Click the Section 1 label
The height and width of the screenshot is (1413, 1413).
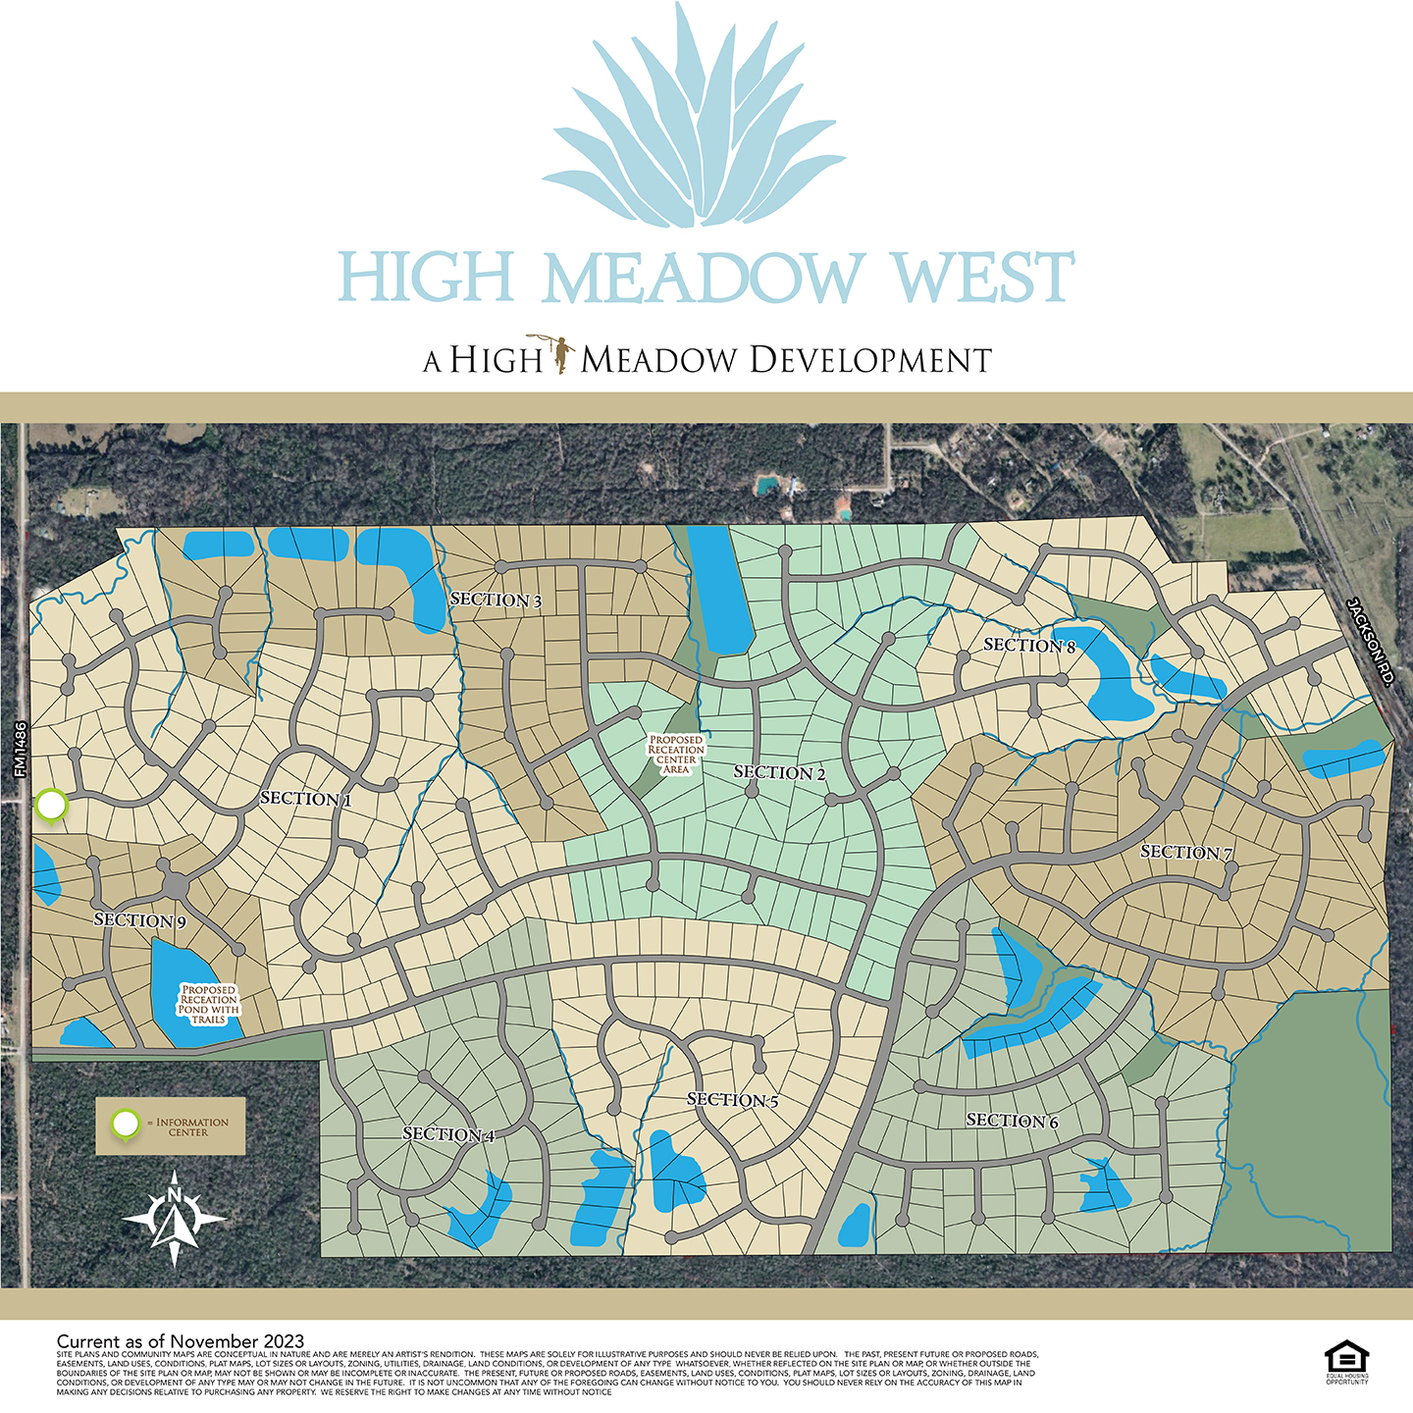pyautogui.click(x=306, y=799)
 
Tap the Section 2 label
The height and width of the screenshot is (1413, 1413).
pyautogui.click(x=780, y=773)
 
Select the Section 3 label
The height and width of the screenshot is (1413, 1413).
pyautogui.click(x=496, y=600)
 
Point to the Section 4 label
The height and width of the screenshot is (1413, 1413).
pyautogui.click(x=448, y=1134)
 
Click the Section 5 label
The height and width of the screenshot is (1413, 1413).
pyautogui.click(x=733, y=1100)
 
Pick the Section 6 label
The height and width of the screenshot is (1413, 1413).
pyautogui.click(x=1013, y=1121)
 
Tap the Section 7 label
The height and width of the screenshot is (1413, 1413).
pyautogui.click(x=1186, y=853)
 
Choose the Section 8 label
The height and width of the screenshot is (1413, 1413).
pyautogui.click(x=1029, y=646)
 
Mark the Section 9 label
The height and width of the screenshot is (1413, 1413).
pyautogui.click(x=139, y=920)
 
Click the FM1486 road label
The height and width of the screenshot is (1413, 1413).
pyautogui.click(x=21, y=751)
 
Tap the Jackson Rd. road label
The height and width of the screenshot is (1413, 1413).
pyautogui.click(x=1371, y=641)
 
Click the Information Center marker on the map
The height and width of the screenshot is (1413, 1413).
pyautogui.click(x=51, y=806)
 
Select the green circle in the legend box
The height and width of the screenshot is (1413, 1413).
pyautogui.click(x=126, y=1124)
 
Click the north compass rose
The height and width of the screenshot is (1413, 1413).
pyautogui.click(x=175, y=1218)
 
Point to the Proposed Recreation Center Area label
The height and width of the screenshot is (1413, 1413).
pyautogui.click(x=676, y=755)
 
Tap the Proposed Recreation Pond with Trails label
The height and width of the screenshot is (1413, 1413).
pyautogui.click(x=209, y=1004)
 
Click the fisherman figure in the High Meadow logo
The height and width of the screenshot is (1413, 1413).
pyautogui.click(x=561, y=354)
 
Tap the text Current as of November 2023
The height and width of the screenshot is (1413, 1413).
pyautogui.click(x=181, y=1341)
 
